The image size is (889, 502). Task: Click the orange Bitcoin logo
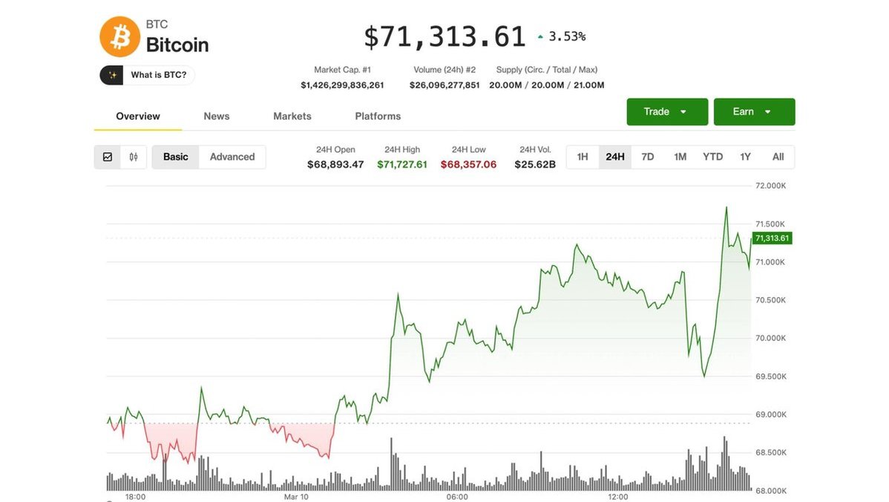click(119, 37)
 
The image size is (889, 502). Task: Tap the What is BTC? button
click(148, 75)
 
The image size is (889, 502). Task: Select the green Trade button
click(666, 112)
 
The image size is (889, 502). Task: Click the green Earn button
click(754, 112)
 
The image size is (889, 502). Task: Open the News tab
click(217, 117)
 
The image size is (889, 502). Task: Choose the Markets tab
click(292, 117)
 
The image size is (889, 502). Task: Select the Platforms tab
click(378, 117)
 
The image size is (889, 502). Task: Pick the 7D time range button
click(648, 157)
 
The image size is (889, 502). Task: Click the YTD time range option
click(712, 157)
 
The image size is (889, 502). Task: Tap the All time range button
click(778, 157)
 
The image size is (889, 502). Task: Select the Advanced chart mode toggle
click(232, 157)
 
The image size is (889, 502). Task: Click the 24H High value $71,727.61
click(402, 165)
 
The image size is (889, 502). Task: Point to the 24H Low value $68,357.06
click(468, 165)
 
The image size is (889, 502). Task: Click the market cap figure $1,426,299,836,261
click(342, 85)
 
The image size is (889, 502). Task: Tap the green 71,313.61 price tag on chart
click(772, 238)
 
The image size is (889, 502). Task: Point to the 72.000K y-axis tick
click(770, 186)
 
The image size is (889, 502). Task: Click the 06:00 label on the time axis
click(457, 497)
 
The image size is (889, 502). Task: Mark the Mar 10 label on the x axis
click(297, 497)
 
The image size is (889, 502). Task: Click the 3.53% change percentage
click(567, 36)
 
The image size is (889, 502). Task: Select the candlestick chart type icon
click(134, 157)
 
